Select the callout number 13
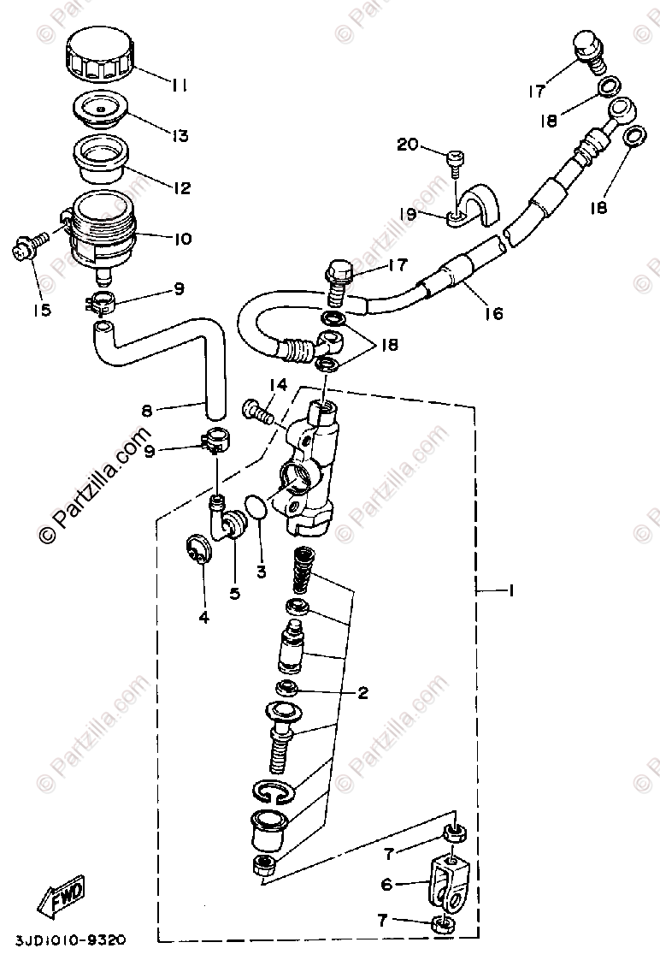(181, 136)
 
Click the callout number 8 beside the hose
(147, 411)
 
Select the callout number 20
(407, 145)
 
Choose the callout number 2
(362, 693)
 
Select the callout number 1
(510, 590)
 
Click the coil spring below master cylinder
(301, 570)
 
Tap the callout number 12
(180, 188)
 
